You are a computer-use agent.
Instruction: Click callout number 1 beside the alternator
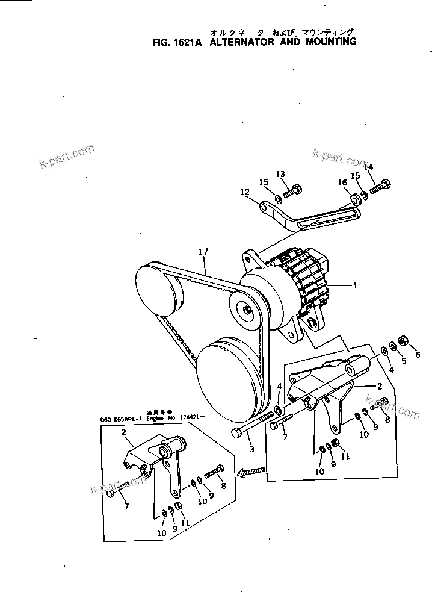coord(356,287)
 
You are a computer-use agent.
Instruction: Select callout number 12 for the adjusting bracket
coord(244,193)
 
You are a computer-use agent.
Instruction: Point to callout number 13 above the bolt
coord(280,174)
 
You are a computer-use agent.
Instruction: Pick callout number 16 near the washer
coord(342,182)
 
